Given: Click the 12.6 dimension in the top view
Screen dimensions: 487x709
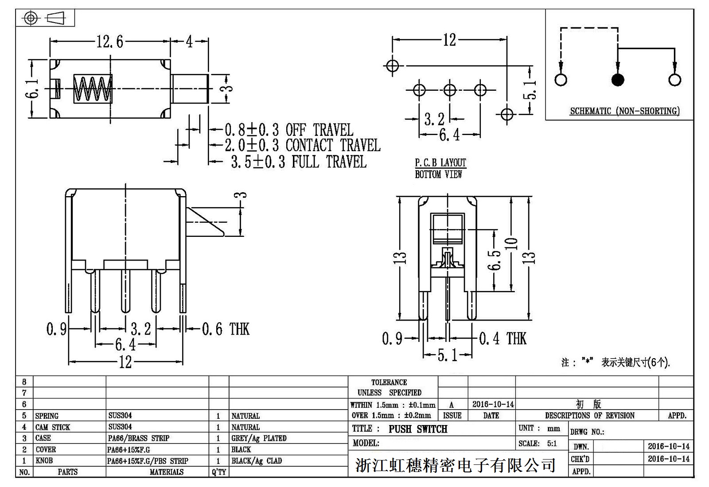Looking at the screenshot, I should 110,42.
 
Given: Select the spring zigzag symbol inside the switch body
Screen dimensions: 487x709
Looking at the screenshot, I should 93,89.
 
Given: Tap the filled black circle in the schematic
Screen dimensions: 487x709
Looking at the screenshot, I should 617,80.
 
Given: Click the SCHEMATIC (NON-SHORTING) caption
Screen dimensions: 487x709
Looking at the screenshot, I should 624,111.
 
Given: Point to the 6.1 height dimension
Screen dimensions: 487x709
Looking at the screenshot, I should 33,89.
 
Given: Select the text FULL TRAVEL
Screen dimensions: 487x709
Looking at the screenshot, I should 329,162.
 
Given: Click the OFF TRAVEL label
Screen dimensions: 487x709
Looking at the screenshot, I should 319,130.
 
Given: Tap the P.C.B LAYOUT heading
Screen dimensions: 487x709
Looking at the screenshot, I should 440,163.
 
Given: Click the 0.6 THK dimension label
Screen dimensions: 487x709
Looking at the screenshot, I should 226,329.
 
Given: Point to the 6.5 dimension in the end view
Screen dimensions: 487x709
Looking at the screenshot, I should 495,260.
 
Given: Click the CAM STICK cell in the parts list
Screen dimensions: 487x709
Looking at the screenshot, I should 53,427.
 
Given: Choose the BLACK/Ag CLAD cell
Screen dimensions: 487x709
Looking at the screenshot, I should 257,461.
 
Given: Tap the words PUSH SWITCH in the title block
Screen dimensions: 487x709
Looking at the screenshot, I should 418,429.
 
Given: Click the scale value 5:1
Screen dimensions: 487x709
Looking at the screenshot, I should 552,444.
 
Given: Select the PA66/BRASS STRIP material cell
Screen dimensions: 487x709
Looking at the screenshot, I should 139,438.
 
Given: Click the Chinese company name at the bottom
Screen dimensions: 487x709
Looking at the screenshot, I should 455,465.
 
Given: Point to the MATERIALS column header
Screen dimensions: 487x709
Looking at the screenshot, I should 166,472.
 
